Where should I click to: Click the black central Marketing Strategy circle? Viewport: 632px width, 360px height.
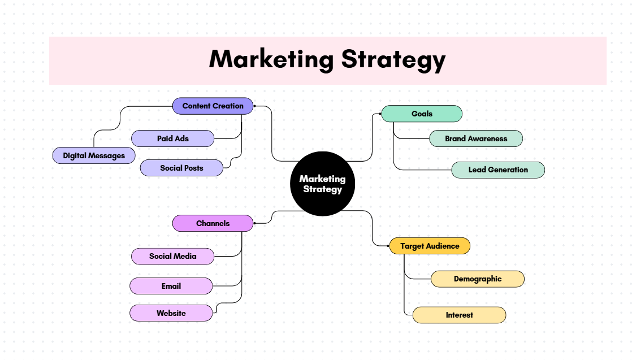pos(322,184)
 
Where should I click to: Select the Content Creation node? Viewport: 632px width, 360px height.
pos(213,106)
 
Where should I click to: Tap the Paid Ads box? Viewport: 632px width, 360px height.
pos(172,138)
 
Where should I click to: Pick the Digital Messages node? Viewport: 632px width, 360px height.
pos(94,155)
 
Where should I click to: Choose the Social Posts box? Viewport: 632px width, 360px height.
pos(181,168)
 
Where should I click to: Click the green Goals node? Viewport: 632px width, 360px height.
pos(422,114)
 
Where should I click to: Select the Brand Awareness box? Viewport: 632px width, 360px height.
pos(476,138)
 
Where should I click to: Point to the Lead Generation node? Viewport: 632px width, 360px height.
pos(498,170)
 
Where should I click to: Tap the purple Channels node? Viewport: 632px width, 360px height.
pos(213,223)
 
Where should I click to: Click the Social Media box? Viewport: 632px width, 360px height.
pos(172,256)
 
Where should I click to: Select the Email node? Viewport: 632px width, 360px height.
pos(171,286)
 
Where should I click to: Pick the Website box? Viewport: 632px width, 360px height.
pos(171,313)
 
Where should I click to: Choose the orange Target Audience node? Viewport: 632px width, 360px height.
pos(430,246)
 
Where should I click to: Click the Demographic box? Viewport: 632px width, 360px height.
pos(478,279)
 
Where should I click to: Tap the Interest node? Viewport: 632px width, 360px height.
pos(459,315)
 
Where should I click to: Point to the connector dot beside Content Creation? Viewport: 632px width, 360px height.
pos(255,106)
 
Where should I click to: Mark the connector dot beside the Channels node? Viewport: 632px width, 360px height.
pos(255,223)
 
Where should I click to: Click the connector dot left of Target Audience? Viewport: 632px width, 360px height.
pos(388,246)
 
